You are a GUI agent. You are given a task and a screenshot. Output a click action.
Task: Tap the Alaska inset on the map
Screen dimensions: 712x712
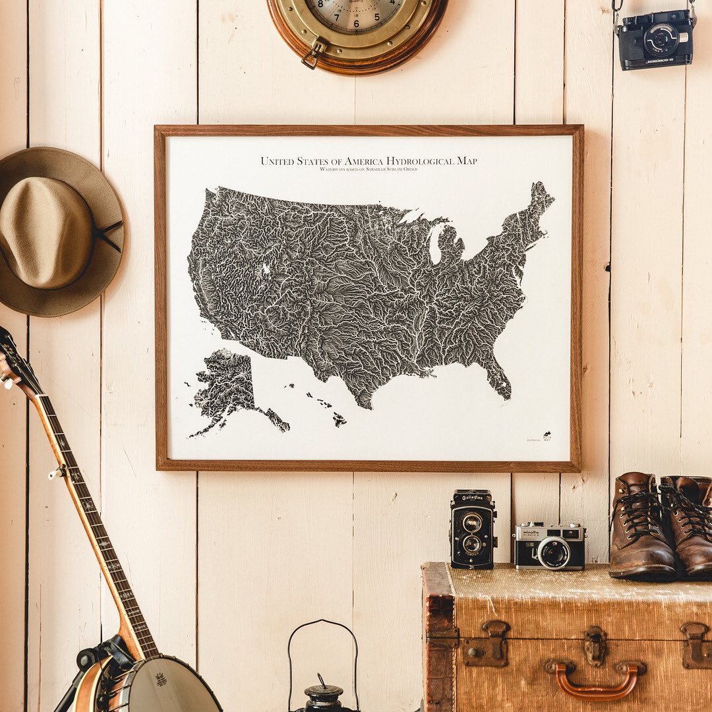pos(227,386)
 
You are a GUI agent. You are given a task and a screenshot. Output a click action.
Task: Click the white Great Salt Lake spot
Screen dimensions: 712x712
pos(266,269)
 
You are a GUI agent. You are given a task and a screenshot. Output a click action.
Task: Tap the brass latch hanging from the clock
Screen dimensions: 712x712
pos(312,54)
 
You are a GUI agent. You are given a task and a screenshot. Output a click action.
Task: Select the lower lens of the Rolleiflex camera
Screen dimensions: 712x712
pos(472,544)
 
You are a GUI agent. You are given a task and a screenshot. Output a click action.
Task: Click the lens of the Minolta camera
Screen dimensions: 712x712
pos(553,552)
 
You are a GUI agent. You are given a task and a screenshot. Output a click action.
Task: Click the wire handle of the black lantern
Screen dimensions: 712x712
pos(322,633)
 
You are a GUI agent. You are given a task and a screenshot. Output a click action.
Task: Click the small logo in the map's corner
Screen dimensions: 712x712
pos(546,436)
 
